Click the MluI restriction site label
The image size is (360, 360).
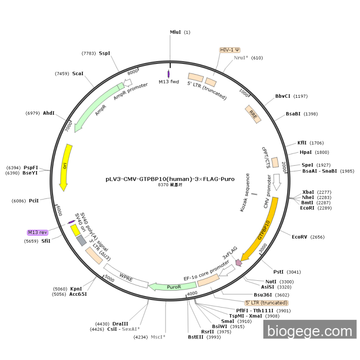(x=175, y=32)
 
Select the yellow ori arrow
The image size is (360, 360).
(x=65, y=167)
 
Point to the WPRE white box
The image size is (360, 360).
(x=125, y=277)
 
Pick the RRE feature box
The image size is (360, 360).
(x=253, y=114)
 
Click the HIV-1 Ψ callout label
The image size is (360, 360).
(x=230, y=50)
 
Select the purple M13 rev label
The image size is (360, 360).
(x=38, y=232)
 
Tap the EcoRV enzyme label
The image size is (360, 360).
(x=299, y=237)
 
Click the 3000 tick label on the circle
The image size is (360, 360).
(x=263, y=247)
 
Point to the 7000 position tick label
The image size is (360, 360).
(x=68, y=127)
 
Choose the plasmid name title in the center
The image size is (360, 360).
(x=170, y=179)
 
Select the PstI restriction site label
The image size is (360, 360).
(x=279, y=272)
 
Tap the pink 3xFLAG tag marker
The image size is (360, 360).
(x=239, y=263)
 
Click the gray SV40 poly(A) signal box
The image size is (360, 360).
(x=81, y=240)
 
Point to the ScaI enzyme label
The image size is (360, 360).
(x=78, y=74)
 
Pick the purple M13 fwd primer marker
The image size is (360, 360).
(x=169, y=74)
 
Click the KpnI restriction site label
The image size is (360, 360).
(x=76, y=289)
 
